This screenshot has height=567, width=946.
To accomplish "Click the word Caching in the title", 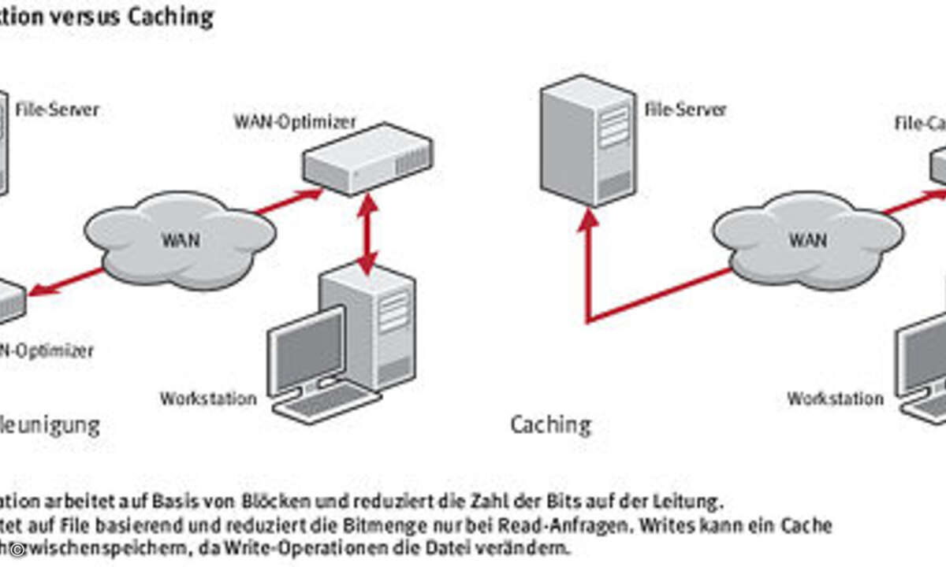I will [172, 17].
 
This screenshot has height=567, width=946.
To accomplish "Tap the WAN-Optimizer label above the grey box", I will [295, 122].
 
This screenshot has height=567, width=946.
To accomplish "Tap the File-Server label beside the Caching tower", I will [685, 109].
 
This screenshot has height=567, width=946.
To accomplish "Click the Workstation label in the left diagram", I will [208, 398].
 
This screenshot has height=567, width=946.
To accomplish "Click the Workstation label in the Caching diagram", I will [836, 398].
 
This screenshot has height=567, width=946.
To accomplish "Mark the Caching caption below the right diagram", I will [550, 425].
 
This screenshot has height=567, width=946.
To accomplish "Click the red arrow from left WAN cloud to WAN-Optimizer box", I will [288, 202].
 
